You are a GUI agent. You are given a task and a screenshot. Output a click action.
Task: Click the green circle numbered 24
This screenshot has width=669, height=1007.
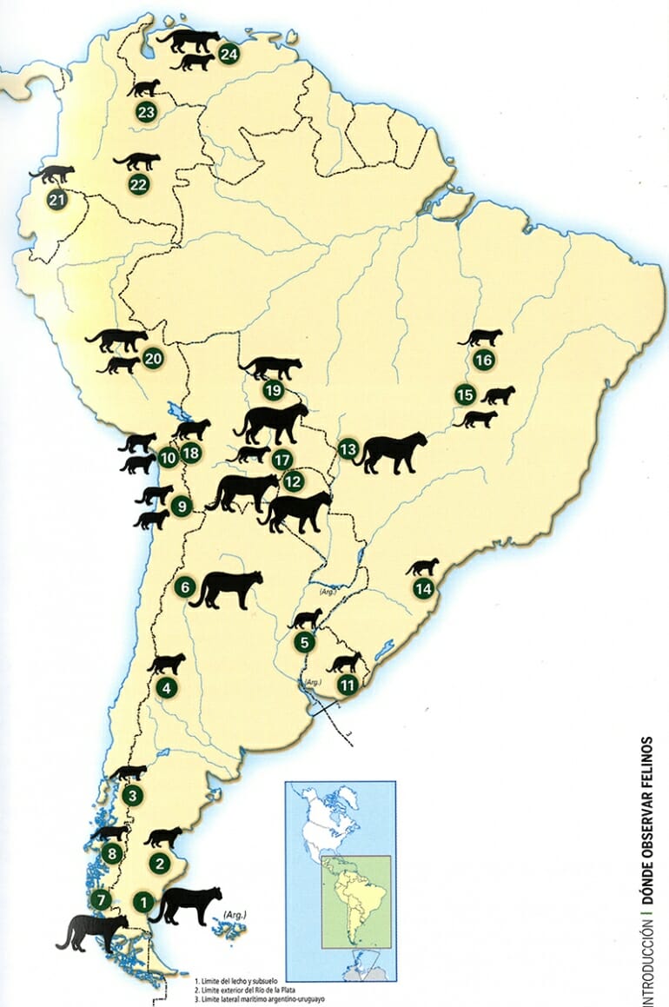229,54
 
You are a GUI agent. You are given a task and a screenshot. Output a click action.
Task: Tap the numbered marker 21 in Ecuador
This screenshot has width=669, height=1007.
58,202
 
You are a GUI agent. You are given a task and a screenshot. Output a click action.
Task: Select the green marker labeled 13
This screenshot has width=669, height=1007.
348,448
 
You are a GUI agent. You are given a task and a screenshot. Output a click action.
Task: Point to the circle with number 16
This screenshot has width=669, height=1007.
484,360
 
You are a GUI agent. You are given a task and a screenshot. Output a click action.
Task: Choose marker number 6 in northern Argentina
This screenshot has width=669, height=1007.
183,587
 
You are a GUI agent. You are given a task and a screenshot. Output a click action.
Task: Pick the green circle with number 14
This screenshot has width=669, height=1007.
423,589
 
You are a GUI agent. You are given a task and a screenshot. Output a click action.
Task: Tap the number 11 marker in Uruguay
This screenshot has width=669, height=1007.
348,685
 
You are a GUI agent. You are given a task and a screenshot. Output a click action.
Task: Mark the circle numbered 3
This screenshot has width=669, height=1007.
132,794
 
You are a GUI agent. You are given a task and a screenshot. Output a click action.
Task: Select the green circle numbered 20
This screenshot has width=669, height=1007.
153,358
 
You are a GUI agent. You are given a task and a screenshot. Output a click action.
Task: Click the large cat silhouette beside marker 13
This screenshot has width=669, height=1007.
394,452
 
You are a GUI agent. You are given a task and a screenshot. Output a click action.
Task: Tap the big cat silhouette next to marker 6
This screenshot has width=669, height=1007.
227,588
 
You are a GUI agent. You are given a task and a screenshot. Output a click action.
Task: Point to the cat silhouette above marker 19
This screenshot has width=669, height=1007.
271,368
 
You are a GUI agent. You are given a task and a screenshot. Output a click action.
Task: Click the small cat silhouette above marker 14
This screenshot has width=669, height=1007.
423,567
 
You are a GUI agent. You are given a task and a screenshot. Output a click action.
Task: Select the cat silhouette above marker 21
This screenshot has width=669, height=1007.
52,174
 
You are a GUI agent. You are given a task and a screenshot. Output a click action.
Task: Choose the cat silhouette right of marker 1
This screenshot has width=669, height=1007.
188,905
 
